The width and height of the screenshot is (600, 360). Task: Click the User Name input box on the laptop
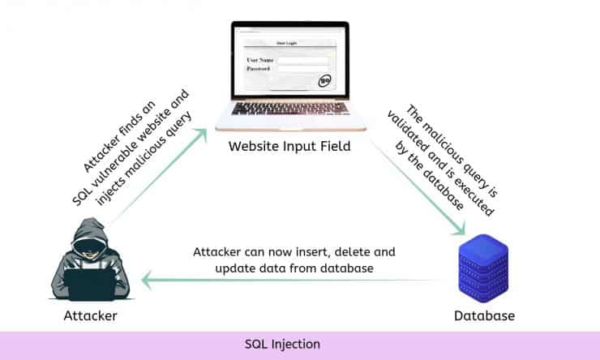point(302,60)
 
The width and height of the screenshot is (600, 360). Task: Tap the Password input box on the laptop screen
point(302,70)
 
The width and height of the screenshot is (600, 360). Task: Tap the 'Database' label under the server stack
point(484,315)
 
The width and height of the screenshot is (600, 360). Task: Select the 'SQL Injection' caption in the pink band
point(282,345)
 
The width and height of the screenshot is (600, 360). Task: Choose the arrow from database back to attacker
point(292,281)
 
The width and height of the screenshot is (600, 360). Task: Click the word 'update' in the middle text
point(235,268)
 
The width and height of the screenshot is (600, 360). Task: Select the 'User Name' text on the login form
point(260,60)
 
